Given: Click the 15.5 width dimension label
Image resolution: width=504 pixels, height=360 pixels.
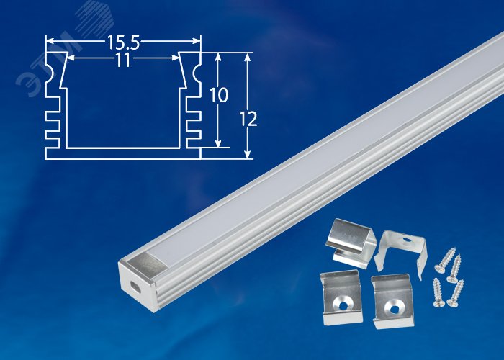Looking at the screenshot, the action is point(123,42).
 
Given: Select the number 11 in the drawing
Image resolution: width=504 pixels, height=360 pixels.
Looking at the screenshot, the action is point(123,60).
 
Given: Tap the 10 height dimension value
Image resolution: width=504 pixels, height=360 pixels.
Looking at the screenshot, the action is point(219,95).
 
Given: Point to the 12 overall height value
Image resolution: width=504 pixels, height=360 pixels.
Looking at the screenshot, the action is point(248,119).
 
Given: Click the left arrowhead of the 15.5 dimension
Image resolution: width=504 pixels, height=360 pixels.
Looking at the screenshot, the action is point(50,41).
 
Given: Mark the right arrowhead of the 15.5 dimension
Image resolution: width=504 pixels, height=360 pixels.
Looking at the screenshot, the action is point(197,41).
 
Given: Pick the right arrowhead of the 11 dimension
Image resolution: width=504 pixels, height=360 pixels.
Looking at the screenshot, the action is point(176,58).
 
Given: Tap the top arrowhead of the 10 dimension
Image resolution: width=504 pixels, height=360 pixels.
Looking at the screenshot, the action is point(218,57).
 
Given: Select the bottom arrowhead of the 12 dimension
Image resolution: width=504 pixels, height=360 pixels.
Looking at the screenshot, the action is point(247,154).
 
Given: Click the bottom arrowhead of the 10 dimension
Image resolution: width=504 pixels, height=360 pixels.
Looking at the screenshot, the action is point(218,143).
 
